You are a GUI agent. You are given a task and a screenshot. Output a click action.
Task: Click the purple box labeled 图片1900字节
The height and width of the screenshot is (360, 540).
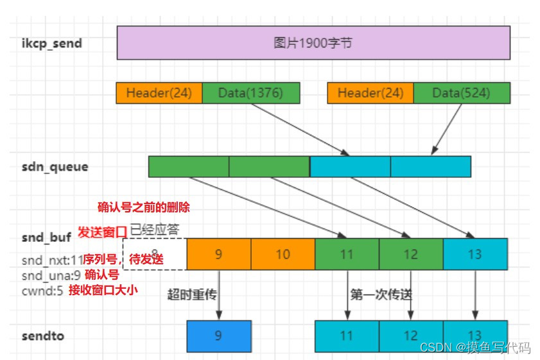(313, 43)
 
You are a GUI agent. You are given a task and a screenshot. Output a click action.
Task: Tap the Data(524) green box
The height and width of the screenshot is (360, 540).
(461, 93)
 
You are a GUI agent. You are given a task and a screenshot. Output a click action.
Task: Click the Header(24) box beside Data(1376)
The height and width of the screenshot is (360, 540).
(159, 93)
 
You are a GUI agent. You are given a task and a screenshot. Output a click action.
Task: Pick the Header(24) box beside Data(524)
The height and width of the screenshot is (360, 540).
(370, 93)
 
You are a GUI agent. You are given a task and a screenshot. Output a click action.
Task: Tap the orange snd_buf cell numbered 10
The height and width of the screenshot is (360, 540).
(283, 254)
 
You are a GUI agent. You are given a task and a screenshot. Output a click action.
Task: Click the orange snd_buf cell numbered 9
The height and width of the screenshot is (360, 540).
(218, 254)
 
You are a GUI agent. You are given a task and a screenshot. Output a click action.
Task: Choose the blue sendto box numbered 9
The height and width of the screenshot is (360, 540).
(218, 336)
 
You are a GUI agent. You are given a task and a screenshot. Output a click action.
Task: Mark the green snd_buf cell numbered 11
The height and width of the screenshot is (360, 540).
(347, 254)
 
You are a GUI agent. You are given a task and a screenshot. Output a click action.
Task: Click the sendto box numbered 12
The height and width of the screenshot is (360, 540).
(411, 336)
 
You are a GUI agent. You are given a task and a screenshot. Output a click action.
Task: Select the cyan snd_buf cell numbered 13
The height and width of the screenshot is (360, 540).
(475, 254)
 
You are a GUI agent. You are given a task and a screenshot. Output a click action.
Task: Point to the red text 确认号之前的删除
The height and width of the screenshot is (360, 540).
(143, 207)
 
